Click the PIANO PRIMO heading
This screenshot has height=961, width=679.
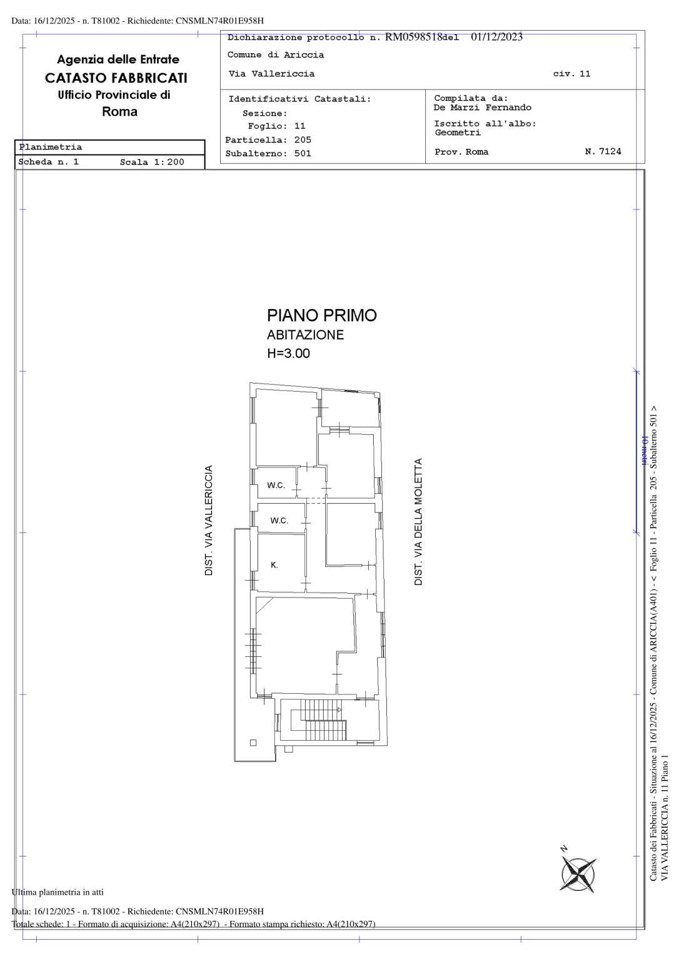click(321, 315)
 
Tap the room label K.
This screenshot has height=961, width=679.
click(274, 565)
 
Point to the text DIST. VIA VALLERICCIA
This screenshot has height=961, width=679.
click(208, 520)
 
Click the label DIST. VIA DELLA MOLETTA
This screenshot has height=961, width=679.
click(418, 522)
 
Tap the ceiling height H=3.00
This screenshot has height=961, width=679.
click(288, 353)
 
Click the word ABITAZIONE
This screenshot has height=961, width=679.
click(305, 335)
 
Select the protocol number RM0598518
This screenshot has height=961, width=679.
click(413, 37)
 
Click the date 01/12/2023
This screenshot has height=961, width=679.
click(497, 37)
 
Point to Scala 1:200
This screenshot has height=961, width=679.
click(152, 162)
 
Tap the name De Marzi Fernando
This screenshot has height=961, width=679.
click(482, 108)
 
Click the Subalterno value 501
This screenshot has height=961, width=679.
click(303, 153)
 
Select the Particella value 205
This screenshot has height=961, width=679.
click(303, 140)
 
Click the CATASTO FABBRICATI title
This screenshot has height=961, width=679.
click(116, 78)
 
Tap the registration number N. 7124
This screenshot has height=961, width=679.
click(603, 151)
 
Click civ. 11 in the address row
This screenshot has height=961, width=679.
click(571, 74)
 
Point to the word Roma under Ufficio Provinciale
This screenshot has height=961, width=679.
click(119, 112)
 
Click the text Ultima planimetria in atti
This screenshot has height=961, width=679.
click(58, 892)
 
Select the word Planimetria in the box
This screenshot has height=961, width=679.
click(50, 147)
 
